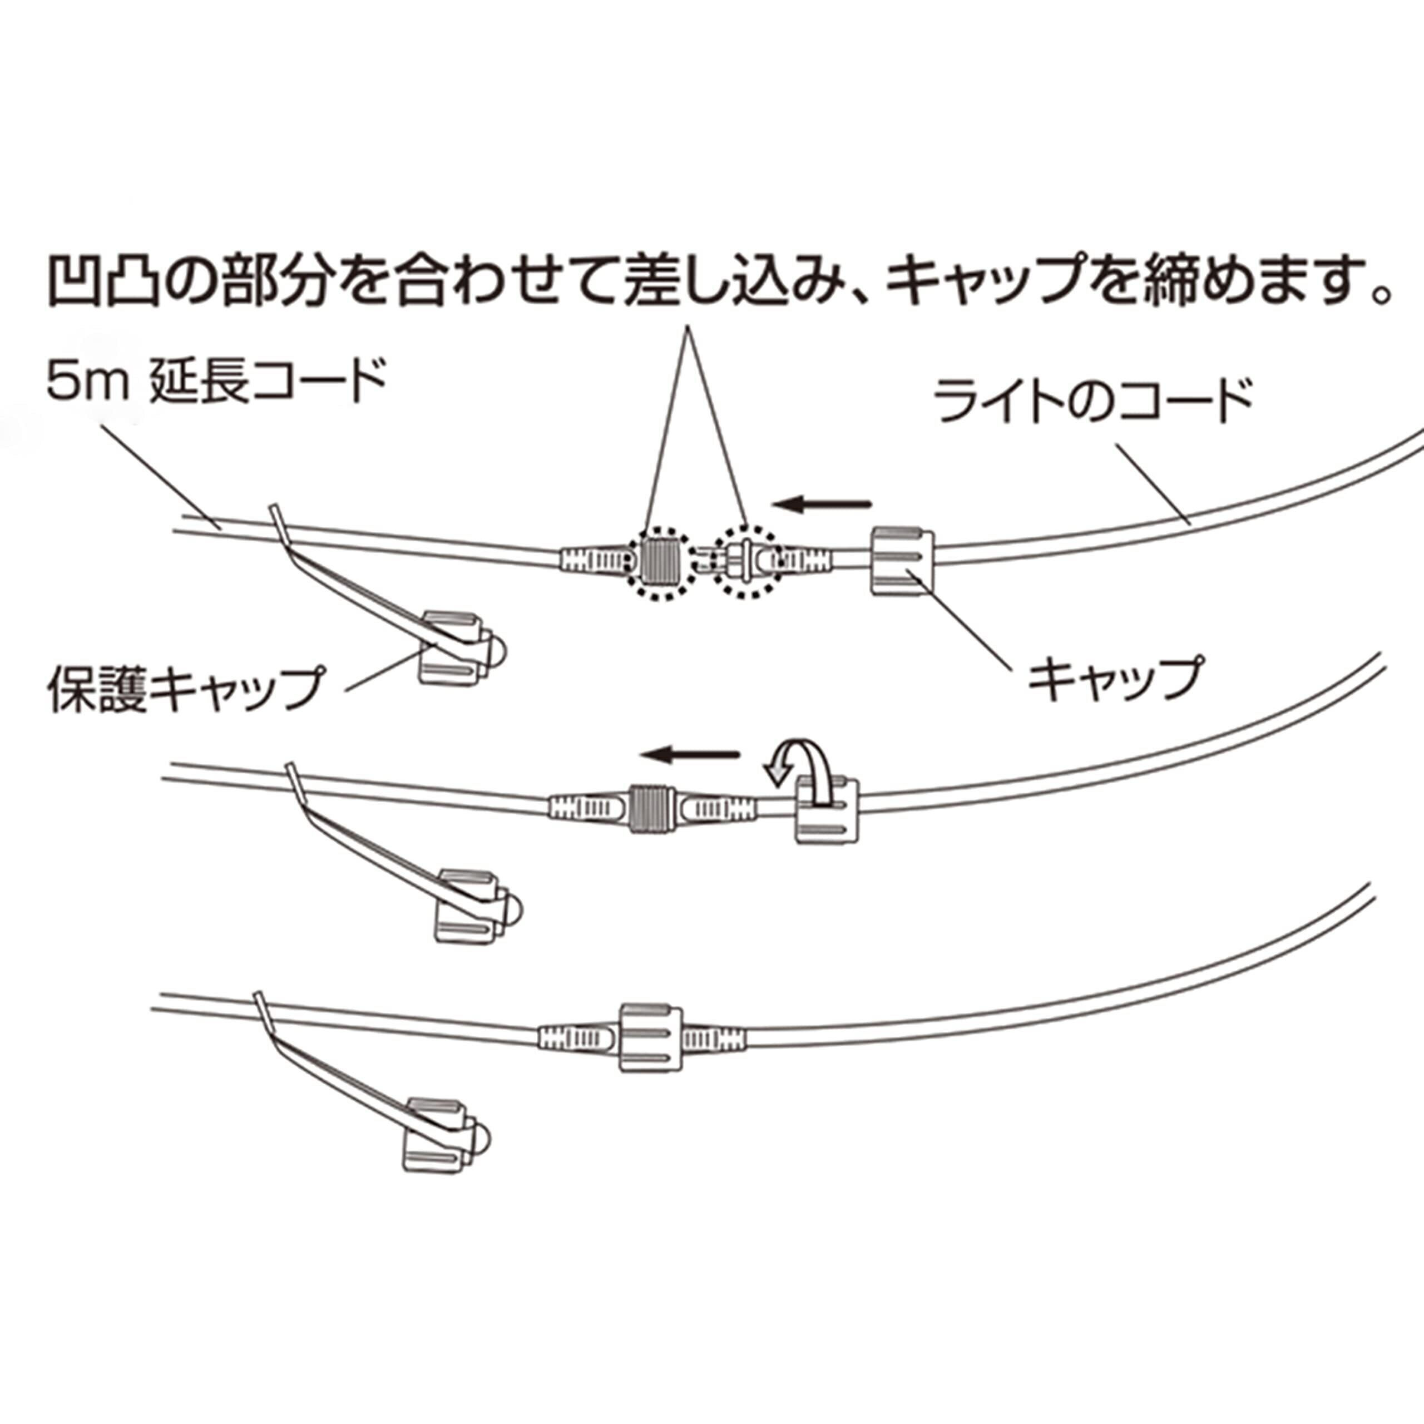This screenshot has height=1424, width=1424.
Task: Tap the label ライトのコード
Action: coord(1093,400)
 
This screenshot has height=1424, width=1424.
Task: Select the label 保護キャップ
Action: coord(186,688)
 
